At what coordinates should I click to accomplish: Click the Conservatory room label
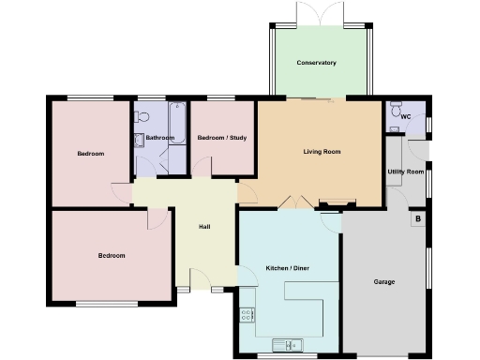click(316, 63)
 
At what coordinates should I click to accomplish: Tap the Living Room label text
click(322, 151)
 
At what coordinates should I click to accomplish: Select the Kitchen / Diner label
click(287, 268)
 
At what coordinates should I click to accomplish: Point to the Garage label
click(383, 281)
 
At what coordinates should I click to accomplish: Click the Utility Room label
click(406, 172)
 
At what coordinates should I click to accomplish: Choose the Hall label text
click(204, 227)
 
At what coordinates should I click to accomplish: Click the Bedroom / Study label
click(222, 139)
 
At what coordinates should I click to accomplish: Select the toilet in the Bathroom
click(142, 116)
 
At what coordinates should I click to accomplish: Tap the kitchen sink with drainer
click(284, 342)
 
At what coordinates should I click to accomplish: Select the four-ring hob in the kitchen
click(248, 316)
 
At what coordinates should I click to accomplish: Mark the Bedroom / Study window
click(221, 97)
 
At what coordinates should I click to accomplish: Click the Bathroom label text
click(160, 139)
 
